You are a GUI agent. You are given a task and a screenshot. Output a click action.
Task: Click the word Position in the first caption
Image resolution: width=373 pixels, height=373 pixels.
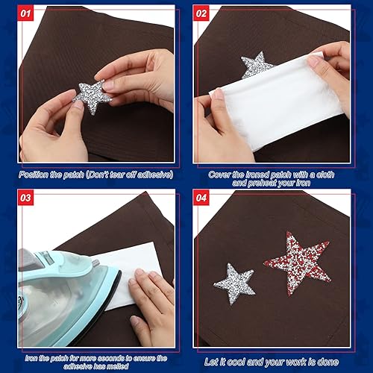click(38, 173)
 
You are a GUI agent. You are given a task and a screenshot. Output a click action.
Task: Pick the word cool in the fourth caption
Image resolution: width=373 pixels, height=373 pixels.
click(245, 363)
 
